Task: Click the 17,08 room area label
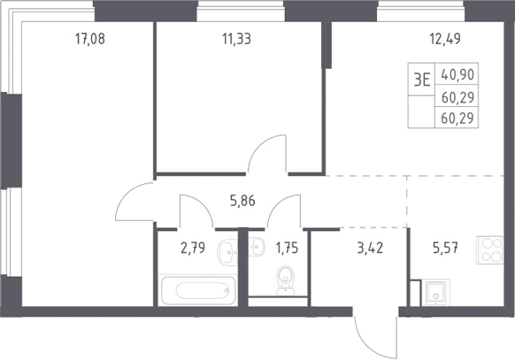(90, 39)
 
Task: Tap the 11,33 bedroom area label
(236, 39)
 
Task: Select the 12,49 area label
(445, 39)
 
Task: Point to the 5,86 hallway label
(242, 201)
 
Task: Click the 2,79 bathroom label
(193, 248)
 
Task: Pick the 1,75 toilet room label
(287, 248)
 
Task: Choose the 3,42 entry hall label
(370, 248)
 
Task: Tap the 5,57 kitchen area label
(445, 248)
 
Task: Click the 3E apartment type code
(422, 80)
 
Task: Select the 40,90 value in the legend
(457, 75)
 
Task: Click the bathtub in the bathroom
(198, 290)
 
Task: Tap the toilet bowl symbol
(286, 280)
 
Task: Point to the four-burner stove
(489, 249)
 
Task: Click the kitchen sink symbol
(436, 293)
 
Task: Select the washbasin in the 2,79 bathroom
(227, 252)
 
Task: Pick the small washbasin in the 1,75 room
(257, 247)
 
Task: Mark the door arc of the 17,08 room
(127, 194)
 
